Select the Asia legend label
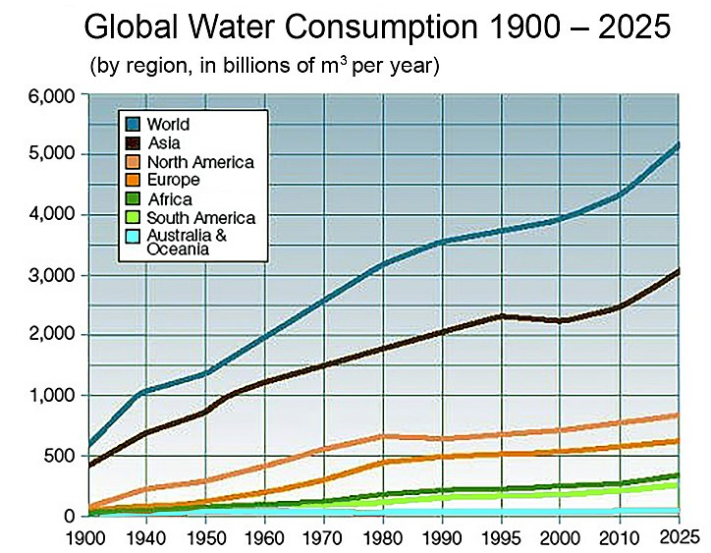coord(163,143)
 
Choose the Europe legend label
coord(173,181)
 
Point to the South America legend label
coord(200,218)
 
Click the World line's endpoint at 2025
coord(680,144)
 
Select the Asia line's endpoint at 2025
coord(680,270)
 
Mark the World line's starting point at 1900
coord(89,444)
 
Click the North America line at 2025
coord(680,415)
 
